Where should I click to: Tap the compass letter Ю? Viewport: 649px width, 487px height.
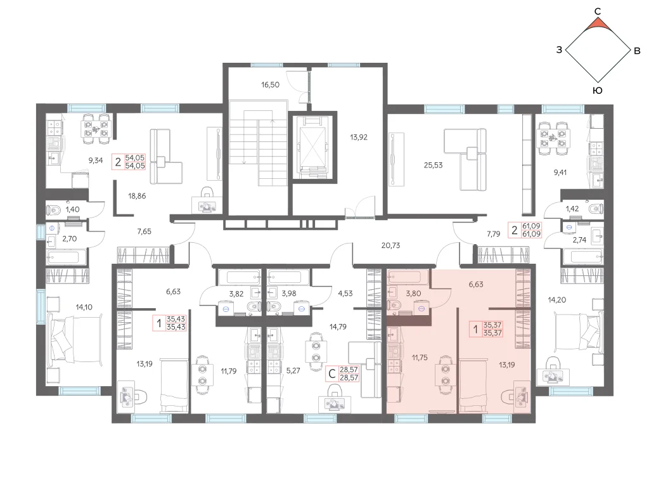click(x=597, y=91)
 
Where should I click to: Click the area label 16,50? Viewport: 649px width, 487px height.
click(x=270, y=85)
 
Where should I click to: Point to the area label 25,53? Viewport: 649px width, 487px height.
click(x=433, y=166)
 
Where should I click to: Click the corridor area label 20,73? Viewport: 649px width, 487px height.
click(x=390, y=245)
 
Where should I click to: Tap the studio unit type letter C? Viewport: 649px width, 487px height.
click(x=331, y=374)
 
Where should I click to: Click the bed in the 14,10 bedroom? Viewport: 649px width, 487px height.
click(x=75, y=340)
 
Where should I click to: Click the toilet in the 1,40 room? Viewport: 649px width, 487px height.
click(x=53, y=209)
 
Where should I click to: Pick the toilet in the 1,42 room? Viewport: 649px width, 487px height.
click(x=595, y=208)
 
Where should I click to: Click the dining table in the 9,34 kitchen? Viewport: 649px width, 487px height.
click(x=96, y=129)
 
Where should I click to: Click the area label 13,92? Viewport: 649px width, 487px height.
click(x=359, y=137)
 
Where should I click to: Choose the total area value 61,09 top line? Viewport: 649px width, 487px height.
click(x=532, y=226)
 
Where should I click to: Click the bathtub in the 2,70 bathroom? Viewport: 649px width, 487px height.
click(x=67, y=257)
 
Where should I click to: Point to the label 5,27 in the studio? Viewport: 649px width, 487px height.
click(x=293, y=370)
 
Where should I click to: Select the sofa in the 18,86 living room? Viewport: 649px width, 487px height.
click(x=164, y=157)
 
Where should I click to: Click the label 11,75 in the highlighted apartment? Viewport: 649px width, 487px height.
click(x=420, y=358)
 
